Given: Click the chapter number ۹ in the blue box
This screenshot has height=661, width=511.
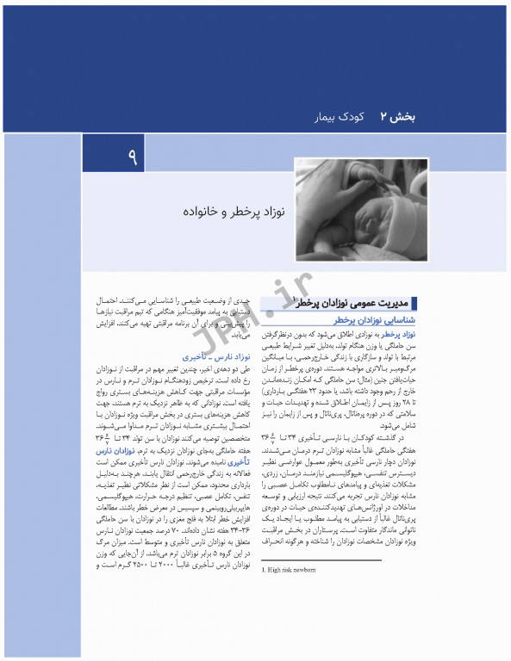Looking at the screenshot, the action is (x=134, y=158).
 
